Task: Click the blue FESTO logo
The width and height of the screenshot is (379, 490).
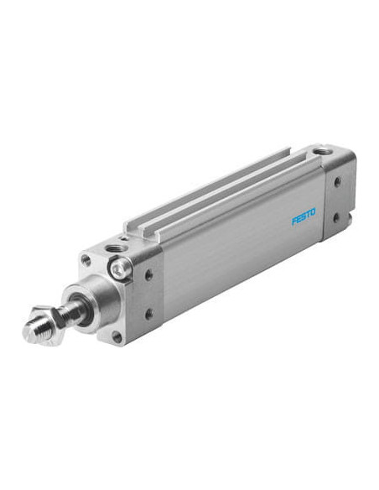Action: [x=304, y=216]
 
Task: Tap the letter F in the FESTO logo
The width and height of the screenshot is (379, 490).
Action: [x=294, y=221]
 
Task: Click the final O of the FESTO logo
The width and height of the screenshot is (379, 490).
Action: [x=313, y=212]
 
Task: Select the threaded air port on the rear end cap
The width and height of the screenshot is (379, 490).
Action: [x=319, y=153]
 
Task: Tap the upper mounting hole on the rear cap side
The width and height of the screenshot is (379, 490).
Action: [x=337, y=182]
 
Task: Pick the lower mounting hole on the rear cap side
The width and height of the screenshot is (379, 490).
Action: [x=336, y=218]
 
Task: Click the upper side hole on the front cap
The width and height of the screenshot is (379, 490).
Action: [x=149, y=275]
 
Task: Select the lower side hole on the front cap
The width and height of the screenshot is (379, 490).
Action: [x=149, y=314]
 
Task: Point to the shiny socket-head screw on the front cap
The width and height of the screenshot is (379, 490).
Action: [x=120, y=268]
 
